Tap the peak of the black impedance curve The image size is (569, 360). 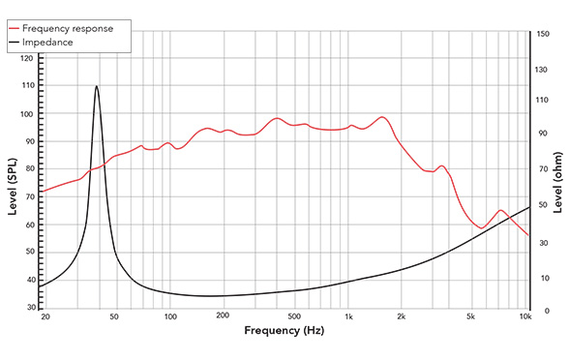point(97,86)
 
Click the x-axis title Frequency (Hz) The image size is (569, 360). point(284,331)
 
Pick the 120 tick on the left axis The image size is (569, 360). point(27,59)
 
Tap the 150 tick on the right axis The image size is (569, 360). point(543,33)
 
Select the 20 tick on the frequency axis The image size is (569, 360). point(45,316)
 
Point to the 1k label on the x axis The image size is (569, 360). point(348,316)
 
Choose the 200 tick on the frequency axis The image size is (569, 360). point(223,316)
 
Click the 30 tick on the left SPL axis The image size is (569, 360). point(29,308)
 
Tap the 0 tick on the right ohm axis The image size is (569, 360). point(538,311)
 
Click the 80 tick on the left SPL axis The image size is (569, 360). point(29,169)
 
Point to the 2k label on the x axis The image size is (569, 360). point(402,316)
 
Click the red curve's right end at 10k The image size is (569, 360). point(528,235)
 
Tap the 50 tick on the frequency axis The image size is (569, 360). point(114,316)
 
